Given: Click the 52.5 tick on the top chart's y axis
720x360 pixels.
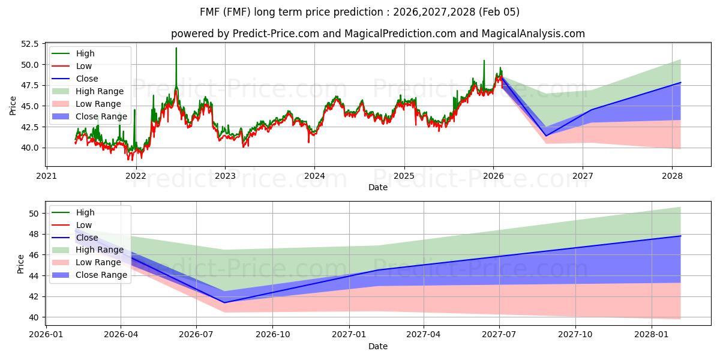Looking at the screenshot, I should coord(30,44).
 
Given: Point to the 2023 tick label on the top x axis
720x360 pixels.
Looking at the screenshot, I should coord(225,176).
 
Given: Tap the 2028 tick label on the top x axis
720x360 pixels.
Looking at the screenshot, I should coord(672,176).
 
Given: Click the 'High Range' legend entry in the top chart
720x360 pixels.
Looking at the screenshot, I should coord(100,91).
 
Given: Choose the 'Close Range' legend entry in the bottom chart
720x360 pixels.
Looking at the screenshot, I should coord(101,275).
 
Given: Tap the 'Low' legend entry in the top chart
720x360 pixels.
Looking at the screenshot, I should coord(85,66).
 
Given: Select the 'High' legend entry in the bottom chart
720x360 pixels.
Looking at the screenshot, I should coord(85,212).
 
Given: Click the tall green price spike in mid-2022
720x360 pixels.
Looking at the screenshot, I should coord(176,49).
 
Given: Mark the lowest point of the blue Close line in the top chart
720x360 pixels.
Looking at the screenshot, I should coord(545,136).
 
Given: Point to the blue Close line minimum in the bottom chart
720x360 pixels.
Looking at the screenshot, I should coord(224,302).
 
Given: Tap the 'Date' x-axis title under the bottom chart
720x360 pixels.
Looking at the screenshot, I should coord(378,346).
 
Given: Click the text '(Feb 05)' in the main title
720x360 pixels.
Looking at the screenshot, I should coord(500,12).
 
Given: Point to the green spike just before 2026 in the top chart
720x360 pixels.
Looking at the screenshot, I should coord(484,61).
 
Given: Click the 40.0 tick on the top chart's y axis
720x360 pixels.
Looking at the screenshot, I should coord(30,148).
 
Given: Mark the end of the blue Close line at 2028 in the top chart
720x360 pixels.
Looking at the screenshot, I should coord(680,83).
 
